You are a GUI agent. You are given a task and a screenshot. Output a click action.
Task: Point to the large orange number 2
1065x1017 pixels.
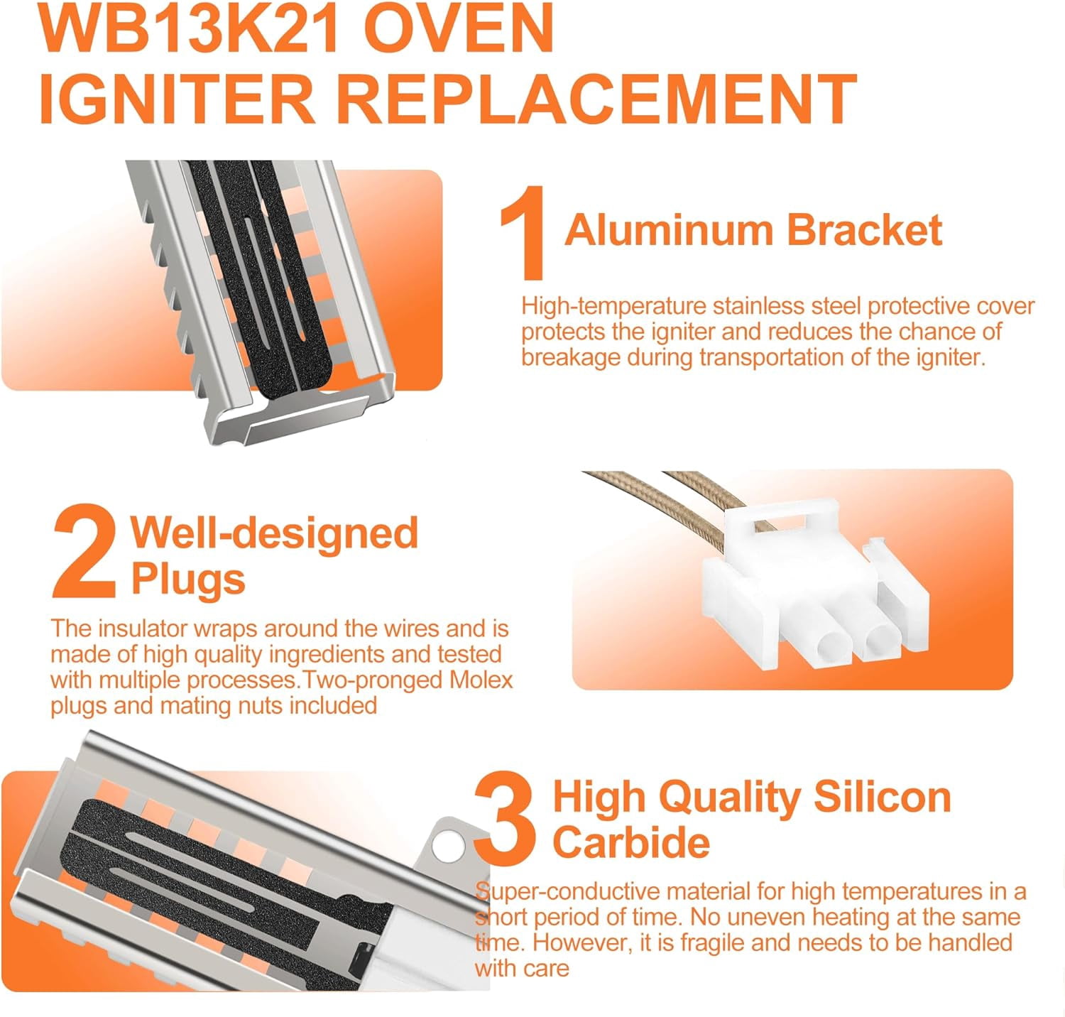click(x=84, y=552)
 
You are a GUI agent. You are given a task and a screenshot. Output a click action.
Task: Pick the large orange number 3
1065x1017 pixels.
click(x=506, y=816)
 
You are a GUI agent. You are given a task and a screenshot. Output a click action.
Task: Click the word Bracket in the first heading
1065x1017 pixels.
click(x=864, y=230)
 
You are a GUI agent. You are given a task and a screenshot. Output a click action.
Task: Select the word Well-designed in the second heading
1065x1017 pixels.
click(x=274, y=533)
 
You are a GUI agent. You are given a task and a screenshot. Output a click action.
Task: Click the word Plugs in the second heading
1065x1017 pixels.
click(x=188, y=580)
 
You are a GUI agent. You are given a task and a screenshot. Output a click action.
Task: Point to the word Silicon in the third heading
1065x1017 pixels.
click(x=882, y=797)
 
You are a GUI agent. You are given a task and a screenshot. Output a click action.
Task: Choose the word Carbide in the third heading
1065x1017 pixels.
click(x=631, y=842)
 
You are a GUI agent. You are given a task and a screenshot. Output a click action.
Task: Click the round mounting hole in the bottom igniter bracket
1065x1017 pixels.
click(x=445, y=844)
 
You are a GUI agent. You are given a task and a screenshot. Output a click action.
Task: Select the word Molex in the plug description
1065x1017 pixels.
click(x=481, y=680)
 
